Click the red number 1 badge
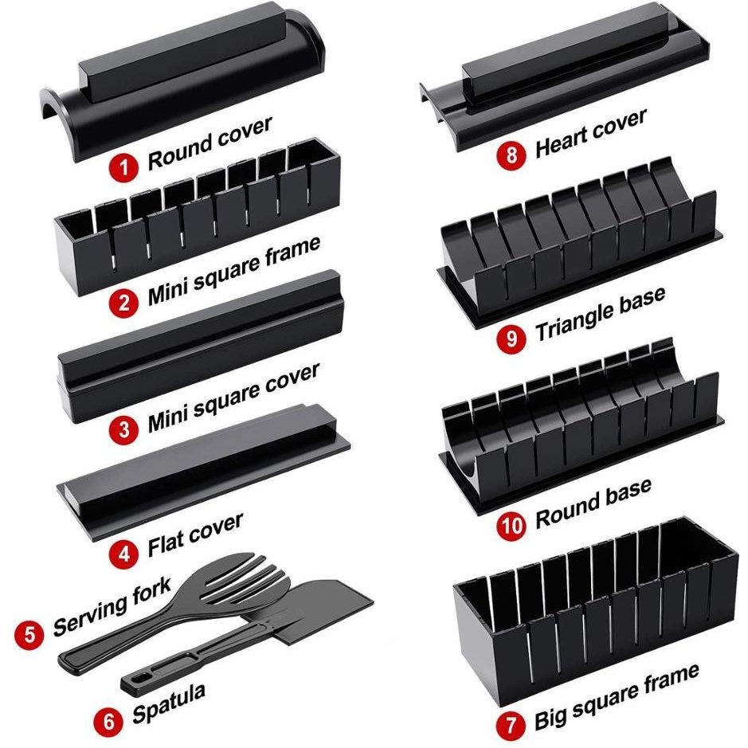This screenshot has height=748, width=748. [x=124, y=168]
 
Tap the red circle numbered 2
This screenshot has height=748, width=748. [x=124, y=303]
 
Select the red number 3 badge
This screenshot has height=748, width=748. [x=124, y=429]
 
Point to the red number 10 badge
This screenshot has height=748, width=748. [x=511, y=527]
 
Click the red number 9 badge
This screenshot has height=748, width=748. [x=511, y=339]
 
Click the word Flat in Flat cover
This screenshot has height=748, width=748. [x=167, y=542]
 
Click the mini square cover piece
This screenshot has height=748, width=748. [x=201, y=345]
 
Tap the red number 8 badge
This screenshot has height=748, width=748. [x=511, y=154]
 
